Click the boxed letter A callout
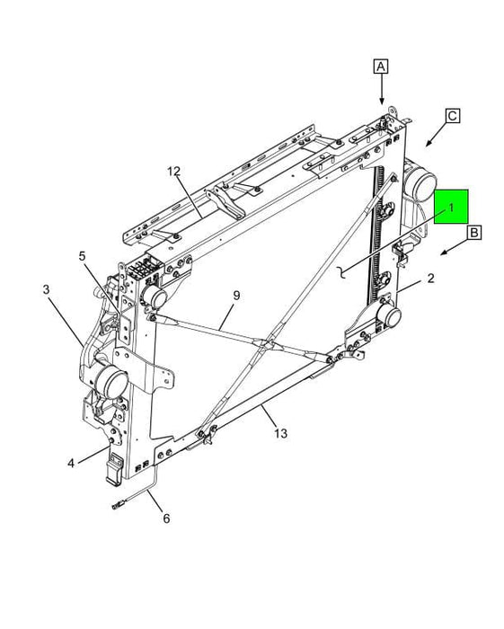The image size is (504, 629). click(381, 66)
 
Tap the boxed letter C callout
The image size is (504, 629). click(452, 115)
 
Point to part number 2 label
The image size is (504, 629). click(431, 279)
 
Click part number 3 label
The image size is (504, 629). click(45, 289)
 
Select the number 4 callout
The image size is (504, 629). click(70, 464)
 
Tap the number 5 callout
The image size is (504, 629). click(81, 256)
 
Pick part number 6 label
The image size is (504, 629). click(164, 518)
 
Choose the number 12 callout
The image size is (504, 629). click(173, 171)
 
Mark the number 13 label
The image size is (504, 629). click(280, 433)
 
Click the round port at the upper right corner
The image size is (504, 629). click(419, 186)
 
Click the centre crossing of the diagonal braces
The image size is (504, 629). click(267, 344)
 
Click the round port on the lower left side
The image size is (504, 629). click(111, 383)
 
